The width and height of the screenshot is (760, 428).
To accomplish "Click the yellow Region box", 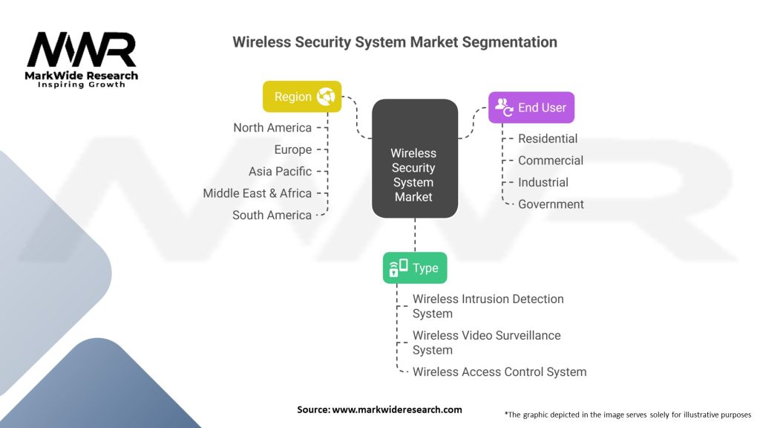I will point(301,97).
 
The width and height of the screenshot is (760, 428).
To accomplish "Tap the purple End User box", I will point(531,108).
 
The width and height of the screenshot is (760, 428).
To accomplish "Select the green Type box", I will point(415,268).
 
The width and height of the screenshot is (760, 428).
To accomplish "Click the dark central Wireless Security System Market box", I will point(414,158).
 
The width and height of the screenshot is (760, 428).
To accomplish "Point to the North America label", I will point(272,128).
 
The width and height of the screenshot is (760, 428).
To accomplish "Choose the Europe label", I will point(292,149).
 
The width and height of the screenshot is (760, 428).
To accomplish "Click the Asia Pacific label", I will point(280,172).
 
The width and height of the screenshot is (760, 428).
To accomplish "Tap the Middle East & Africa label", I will point(257,193).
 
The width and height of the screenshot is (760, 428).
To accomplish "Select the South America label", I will point(272,215).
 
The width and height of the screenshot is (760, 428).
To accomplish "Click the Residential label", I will point(547,138).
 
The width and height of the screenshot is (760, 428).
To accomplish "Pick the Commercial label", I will point(550,160).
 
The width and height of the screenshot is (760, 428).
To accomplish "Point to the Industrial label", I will point(543,182).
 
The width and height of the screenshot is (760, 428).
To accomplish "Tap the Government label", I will point(551,204).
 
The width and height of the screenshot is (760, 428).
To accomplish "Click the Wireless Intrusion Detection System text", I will point(488,306).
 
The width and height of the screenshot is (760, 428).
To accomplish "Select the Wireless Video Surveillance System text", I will point(486,343).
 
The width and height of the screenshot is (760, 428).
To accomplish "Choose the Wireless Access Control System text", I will point(499,372).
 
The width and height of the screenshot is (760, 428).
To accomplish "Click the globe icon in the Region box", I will point(326,97).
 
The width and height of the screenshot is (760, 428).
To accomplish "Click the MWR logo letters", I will point(82,51).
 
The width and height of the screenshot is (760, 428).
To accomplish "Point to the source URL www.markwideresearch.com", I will point(397,409).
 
